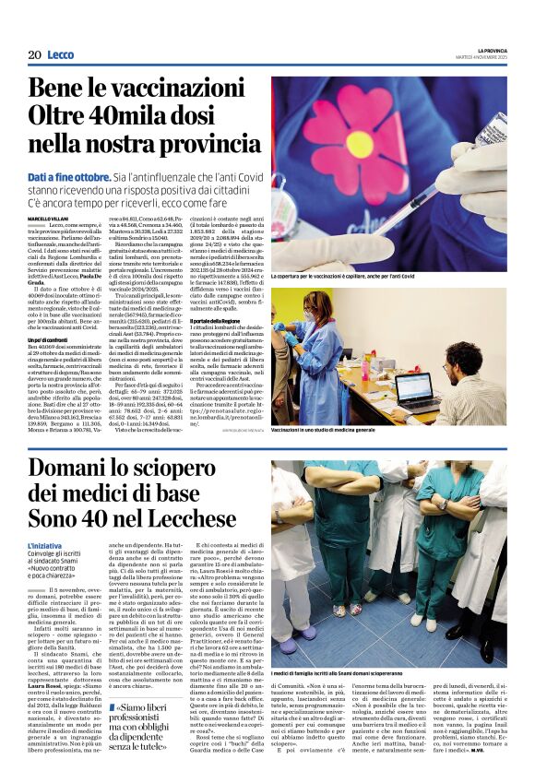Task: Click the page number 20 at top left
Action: point(33,55)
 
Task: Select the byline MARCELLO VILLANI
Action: point(48,217)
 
